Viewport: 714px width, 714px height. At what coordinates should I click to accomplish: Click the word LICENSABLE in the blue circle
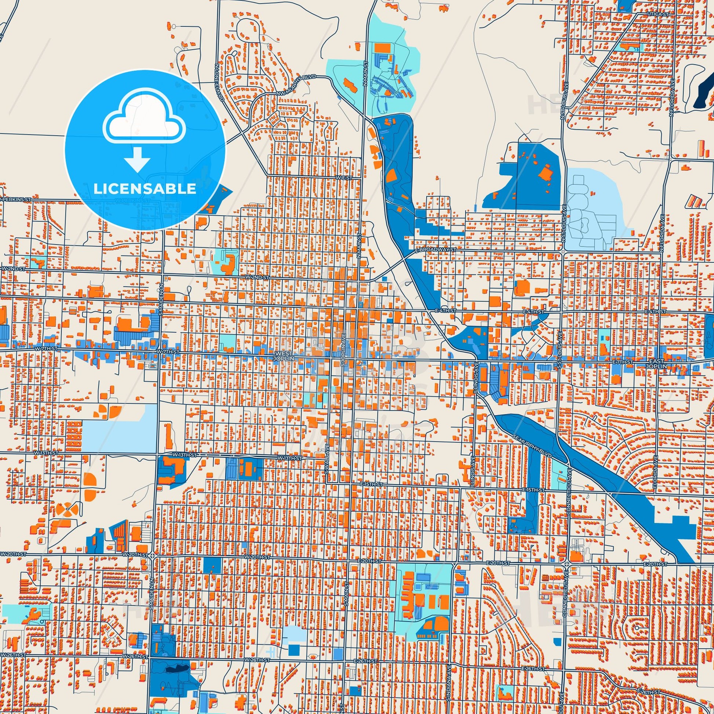pos(145,189)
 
